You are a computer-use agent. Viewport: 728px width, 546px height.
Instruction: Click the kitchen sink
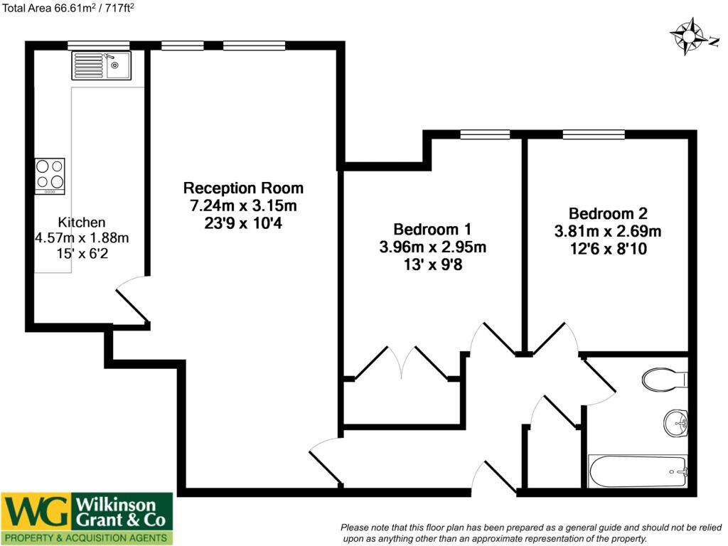[101, 65]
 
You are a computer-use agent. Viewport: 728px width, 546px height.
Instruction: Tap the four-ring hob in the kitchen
[50, 175]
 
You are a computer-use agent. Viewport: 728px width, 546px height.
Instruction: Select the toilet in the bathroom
[664, 379]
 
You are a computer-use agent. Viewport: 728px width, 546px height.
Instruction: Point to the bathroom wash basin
[676, 423]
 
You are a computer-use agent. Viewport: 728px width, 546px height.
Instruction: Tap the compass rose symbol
[686, 36]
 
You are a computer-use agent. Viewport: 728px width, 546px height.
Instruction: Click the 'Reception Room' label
[243, 188]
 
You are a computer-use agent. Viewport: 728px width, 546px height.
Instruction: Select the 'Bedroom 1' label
[432, 230]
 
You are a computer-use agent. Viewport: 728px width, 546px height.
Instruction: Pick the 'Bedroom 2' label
[608, 213]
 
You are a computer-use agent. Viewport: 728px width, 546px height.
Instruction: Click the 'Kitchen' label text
[82, 222]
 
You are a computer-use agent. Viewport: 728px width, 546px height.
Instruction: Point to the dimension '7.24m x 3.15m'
[243, 206]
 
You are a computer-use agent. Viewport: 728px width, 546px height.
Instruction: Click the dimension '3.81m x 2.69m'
[608, 231]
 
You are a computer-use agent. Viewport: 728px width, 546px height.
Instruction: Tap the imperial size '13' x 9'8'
[432, 265]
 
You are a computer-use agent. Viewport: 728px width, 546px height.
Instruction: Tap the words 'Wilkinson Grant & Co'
[121, 512]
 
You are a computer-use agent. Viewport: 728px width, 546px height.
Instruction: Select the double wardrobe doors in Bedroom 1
[402, 363]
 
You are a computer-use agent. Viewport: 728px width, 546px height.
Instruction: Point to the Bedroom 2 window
[594, 134]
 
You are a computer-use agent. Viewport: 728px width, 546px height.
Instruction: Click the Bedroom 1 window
[485, 134]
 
